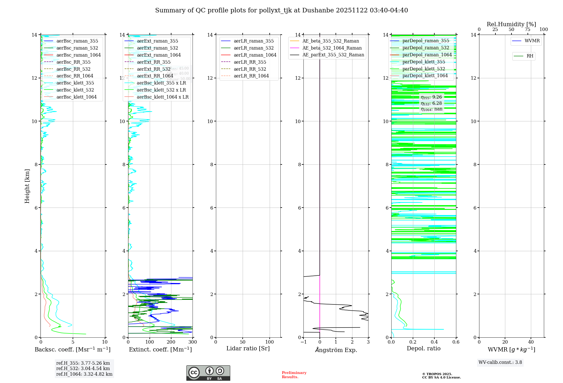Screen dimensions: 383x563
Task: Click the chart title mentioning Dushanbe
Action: [281, 10]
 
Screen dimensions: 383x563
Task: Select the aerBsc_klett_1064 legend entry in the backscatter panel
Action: [76, 97]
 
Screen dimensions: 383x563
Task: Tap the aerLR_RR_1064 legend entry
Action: [251, 76]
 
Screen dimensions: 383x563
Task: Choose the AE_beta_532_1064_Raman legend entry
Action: [332, 48]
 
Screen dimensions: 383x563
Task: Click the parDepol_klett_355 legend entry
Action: [424, 62]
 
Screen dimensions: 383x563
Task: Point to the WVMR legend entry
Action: [532, 41]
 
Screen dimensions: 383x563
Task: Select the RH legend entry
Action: [530, 56]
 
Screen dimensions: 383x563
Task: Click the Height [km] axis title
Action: [27, 186]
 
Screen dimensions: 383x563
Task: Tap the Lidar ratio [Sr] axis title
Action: [248, 348]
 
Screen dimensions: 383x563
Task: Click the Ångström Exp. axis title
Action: [336, 350]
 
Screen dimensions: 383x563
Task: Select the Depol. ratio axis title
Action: [423, 348]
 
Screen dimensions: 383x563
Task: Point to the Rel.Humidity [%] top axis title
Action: [511, 24]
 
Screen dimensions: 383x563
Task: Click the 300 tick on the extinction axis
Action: [193, 342]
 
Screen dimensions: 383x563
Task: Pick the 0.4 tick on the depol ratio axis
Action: [434, 342]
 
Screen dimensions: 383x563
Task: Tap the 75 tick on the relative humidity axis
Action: [528, 30]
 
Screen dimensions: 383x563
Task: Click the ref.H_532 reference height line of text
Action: [83, 368]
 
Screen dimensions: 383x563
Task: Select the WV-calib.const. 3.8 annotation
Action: [500, 362]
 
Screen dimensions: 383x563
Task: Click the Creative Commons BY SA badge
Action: [208, 373]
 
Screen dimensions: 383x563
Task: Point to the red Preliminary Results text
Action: [294, 375]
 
